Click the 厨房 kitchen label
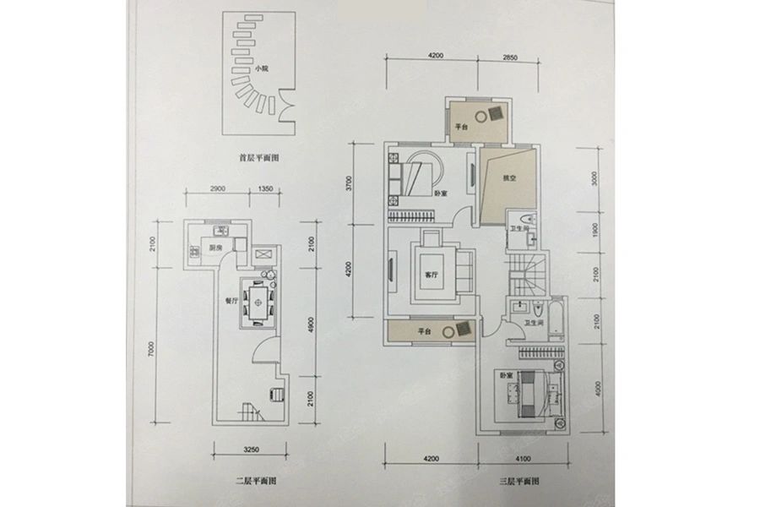(x=216, y=248)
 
